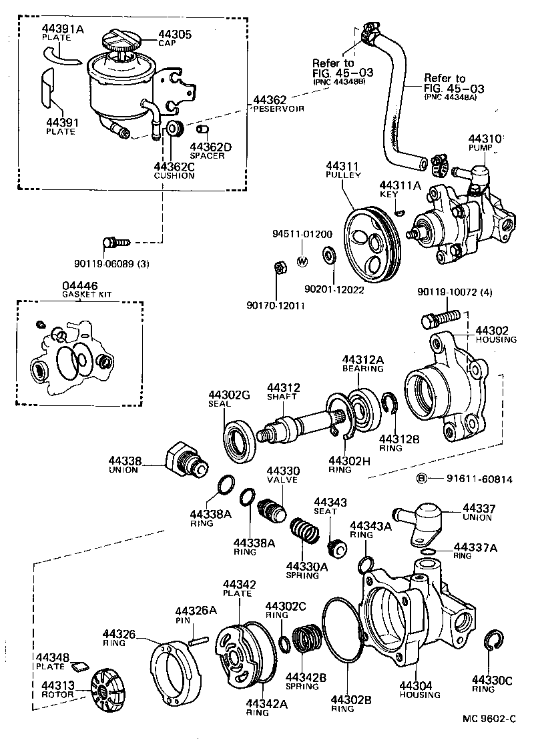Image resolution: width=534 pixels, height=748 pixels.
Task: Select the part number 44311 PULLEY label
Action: tap(343, 170)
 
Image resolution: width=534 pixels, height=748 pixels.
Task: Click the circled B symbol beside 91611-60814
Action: tap(421, 478)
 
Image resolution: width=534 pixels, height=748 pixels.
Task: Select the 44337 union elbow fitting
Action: tap(422, 521)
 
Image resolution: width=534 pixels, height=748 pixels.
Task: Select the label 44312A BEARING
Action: tap(363, 363)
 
